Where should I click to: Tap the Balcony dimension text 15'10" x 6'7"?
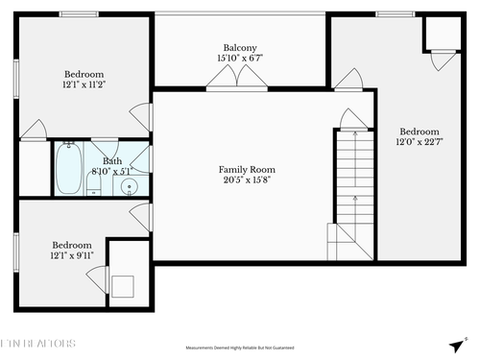pos(240,59)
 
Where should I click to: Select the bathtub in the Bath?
pos(67,169)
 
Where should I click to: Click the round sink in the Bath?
pos(132,185)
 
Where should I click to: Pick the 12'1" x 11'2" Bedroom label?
pos(84,80)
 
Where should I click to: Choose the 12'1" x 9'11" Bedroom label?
pos(71,250)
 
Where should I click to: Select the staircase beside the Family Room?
pos(352,192)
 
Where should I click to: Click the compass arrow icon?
pos(455,346)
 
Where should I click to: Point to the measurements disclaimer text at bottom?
pos(240,348)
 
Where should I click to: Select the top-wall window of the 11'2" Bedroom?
pos(73,13)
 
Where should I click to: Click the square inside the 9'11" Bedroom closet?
pos(123,285)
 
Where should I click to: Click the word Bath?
pos(112,161)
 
